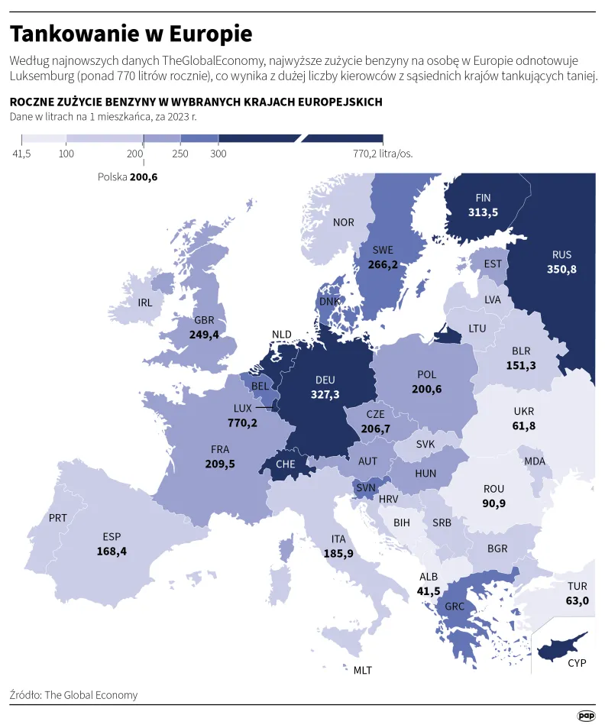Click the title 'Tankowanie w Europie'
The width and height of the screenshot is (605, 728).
[x=131, y=34]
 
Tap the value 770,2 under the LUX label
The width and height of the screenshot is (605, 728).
[x=242, y=422]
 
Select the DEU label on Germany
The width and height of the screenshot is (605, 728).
[x=325, y=380]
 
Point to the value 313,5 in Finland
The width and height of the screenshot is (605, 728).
[x=483, y=212]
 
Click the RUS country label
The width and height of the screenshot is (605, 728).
[x=561, y=255]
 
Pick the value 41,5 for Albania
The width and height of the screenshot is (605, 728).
[x=429, y=591]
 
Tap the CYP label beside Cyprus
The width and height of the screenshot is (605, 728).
[x=577, y=663]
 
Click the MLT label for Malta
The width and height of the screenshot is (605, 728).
[x=362, y=670]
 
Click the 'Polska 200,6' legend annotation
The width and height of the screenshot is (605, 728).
[x=128, y=176]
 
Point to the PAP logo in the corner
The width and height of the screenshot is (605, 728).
[x=585, y=716]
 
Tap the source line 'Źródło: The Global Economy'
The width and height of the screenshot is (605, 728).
[x=74, y=695]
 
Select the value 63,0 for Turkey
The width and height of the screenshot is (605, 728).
[x=577, y=601]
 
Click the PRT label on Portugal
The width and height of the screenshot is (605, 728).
[x=58, y=518]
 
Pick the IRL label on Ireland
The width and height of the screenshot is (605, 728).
[x=145, y=303]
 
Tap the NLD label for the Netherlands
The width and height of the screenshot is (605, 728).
[x=282, y=335]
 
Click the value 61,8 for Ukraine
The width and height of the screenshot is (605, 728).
[x=523, y=425]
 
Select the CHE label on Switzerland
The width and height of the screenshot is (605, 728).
[x=285, y=464]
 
